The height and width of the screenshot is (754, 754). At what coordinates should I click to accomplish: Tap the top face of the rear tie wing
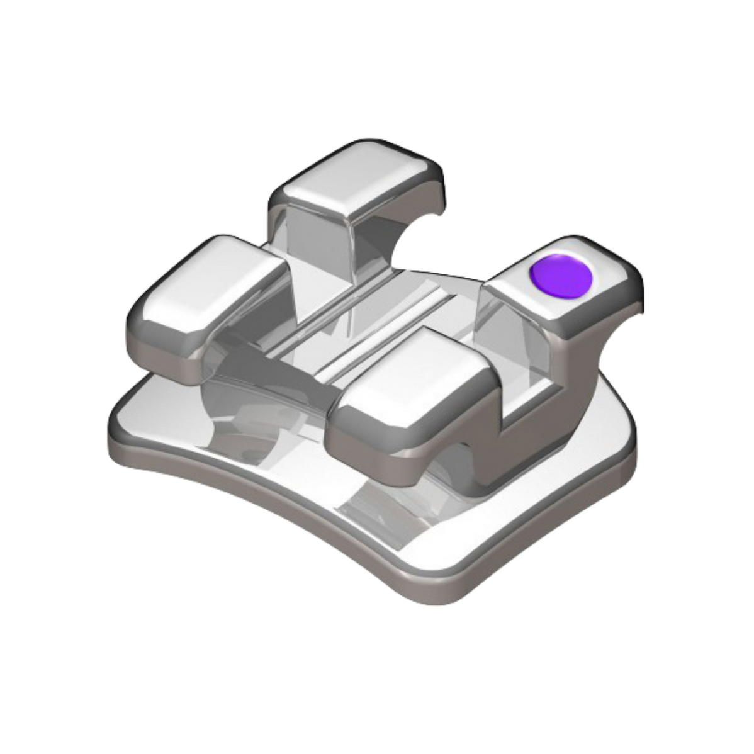pos(357,179)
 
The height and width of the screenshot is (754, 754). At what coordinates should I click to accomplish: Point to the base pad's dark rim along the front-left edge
pos(252,497)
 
